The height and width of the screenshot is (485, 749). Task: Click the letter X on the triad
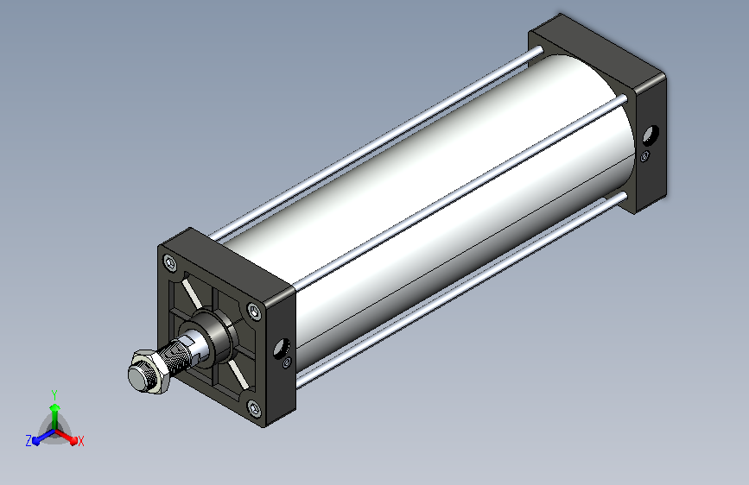80,441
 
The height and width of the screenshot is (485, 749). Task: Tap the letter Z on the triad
29,441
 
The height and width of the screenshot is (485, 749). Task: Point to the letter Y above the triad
54,395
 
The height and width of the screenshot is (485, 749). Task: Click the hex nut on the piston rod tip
148,372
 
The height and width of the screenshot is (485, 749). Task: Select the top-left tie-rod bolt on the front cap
169,262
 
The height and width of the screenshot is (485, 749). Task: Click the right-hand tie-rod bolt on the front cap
255,312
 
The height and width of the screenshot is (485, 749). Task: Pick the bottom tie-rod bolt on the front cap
254,408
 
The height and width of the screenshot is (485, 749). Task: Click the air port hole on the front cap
282,348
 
